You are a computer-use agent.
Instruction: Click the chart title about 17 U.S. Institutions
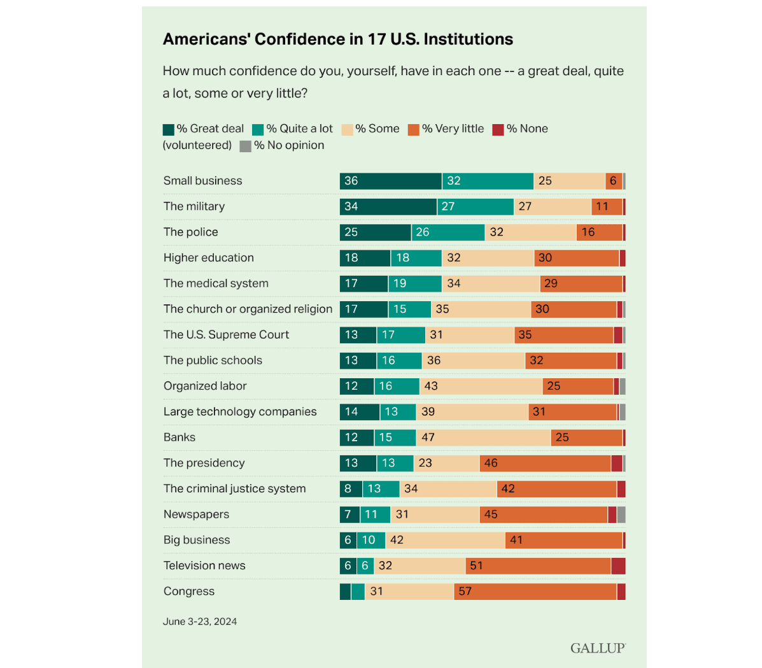click(x=338, y=39)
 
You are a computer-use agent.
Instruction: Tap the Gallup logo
click(x=598, y=648)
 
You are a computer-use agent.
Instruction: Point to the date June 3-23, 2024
click(x=200, y=622)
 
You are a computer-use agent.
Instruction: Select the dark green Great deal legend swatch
click(x=169, y=129)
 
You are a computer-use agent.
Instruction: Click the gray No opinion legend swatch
click(x=245, y=146)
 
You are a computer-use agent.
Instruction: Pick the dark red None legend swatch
click(x=498, y=129)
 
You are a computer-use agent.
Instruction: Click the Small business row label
click(x=202, y=181)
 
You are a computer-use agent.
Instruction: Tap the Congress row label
click(x=189, y=592)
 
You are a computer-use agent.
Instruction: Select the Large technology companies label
click(x=240, y=412)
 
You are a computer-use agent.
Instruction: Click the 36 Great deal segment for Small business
click(x=390, y=181)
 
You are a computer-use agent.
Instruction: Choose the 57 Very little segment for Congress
click(x=535, y=592)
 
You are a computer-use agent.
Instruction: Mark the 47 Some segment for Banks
click(x=483, y=437)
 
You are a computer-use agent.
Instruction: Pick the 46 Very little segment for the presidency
click(x=545, y=463)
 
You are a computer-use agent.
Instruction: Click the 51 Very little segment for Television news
click(x=538, y=565)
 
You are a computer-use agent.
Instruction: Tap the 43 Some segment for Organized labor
click(x=481, y=386)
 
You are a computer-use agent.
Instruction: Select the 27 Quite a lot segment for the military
click(x=476, y=206)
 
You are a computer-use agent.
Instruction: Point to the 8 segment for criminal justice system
click(x=351, y=489)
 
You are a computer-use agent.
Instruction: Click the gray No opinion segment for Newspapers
click(x=621, y=515)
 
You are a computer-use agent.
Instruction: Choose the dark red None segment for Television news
click(x=618, y=565)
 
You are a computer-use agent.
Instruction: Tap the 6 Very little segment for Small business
click(x=614, y=181)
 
